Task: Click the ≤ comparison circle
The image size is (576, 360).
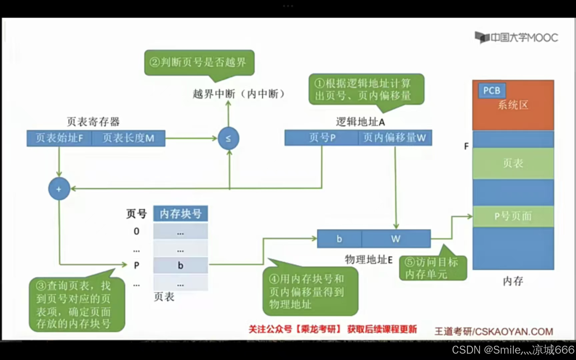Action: [228, 138]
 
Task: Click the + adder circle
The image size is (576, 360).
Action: [59, 189]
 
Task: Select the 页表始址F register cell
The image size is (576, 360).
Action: [59, 138]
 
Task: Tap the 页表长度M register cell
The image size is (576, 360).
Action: [128, 138]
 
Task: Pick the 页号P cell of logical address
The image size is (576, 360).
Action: [322, 138]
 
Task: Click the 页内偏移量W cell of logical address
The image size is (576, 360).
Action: [395, 138]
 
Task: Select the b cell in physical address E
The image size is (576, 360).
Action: [339, 239]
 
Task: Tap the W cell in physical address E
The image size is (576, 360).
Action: [396, 239]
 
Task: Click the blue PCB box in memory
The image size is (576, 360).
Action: [492, 90]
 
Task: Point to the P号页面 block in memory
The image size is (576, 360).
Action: [513, 216]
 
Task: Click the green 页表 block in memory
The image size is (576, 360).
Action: [513, 163]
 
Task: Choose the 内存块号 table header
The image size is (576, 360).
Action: [180, 214]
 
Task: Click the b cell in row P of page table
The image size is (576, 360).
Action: [180, 265]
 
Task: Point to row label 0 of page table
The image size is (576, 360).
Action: [136, 231]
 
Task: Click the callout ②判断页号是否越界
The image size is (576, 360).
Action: [199, 62]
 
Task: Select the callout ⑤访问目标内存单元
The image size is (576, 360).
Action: [433, 268]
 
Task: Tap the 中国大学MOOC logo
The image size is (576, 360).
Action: [516, 38]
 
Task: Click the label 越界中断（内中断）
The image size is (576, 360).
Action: [238, 94]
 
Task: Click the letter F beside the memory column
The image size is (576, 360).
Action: [466, 146]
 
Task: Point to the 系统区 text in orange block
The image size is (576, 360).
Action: [513, 105]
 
